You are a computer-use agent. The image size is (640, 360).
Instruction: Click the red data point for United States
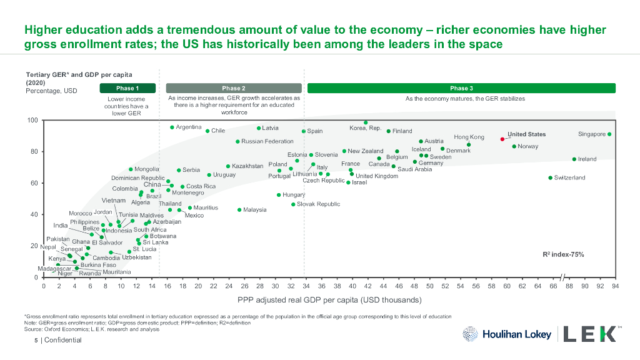pos(502,139)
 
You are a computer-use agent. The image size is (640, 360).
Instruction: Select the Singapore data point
pos(609,134)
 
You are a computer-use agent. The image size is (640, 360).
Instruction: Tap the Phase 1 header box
pos(127,88)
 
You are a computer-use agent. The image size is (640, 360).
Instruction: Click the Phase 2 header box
pos(234,88)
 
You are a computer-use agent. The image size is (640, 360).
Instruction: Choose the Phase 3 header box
pos(461,88)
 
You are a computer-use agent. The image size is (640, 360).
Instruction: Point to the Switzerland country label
pos(570,178)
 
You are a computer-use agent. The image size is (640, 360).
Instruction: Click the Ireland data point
pos(574,159)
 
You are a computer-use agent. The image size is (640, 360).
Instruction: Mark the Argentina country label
pos(189,127)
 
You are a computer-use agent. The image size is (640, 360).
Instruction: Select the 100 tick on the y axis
pos(32,120)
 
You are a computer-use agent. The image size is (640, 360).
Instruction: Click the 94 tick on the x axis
pos(616,286)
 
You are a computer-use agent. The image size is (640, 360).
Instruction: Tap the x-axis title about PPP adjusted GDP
pos(329,300)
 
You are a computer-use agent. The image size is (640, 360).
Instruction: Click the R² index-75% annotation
pos(564,255)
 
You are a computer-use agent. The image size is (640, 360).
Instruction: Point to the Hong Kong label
pos(469,137)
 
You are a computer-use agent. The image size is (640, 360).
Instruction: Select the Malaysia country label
pos(255,210)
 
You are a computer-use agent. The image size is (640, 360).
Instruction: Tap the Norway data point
pos(514,147)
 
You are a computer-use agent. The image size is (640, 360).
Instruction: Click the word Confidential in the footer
pos(62,340)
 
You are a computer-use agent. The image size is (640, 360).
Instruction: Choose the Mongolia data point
pos(131,169)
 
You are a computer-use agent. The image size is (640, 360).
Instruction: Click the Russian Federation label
pos(267,142)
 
